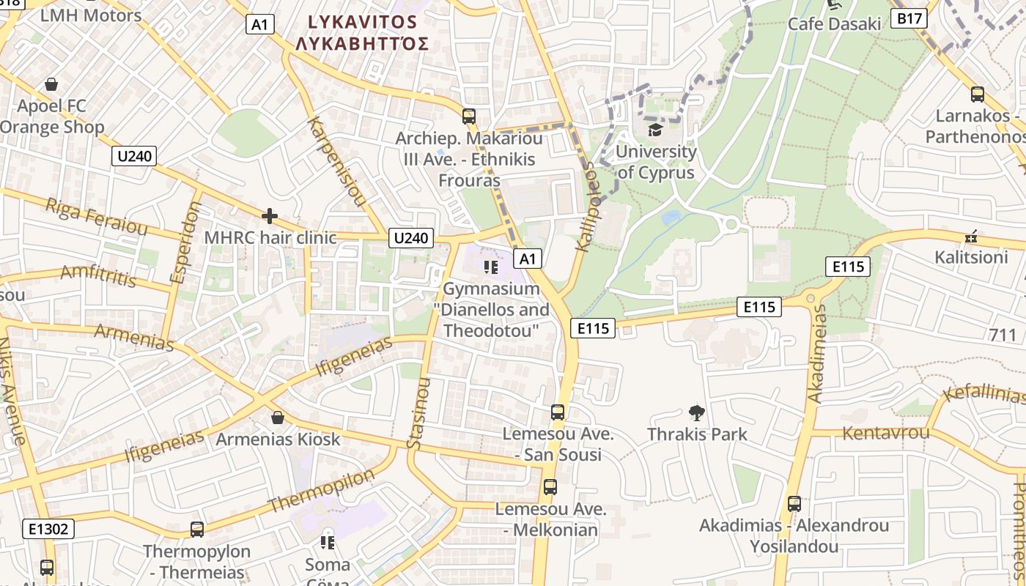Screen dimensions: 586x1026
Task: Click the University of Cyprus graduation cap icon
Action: point(654,130)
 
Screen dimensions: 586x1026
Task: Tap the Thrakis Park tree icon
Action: point(697,413)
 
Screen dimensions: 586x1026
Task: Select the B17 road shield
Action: point(909,18)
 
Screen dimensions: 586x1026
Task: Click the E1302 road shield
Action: point(48,528)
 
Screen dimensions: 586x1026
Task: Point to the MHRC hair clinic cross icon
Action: point(270,216)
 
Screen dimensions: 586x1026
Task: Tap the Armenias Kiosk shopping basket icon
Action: point(278,418)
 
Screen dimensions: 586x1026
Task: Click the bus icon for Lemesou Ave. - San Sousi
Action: point(558,412)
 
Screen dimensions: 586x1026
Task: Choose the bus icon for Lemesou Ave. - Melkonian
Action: point(550,486)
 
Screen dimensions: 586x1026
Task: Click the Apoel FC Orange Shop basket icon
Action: point(51,84)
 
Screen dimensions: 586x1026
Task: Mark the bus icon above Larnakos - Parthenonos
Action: point(977,94)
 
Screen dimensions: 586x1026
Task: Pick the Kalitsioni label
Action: point(971,257)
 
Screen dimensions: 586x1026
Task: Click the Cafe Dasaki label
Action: point(834,23)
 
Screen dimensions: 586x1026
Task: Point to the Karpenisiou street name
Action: point(337,161)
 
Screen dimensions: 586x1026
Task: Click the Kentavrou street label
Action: point(886,432)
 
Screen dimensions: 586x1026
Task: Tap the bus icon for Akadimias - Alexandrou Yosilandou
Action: point(794,504)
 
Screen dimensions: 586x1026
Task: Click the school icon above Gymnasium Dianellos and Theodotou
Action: point(491,267)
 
